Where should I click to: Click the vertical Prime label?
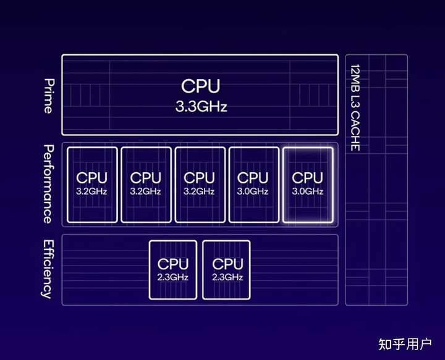(x=49, y=96)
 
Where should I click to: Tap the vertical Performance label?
(x=49, y=184)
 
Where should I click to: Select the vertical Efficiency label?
(x=48, y=269)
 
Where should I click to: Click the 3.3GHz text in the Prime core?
(x=201, y=107)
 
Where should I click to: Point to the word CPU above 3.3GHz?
(x=201, y=86)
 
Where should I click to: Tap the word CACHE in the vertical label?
(x=355, y=132)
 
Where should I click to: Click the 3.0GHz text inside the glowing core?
(x=308, y=191)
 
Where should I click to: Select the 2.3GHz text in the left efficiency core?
(x=173, y=277)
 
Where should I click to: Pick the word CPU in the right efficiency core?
(x=227, y=264)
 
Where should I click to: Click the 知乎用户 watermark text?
(x=405, y=344)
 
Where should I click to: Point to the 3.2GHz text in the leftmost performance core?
(x=91, y=191)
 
